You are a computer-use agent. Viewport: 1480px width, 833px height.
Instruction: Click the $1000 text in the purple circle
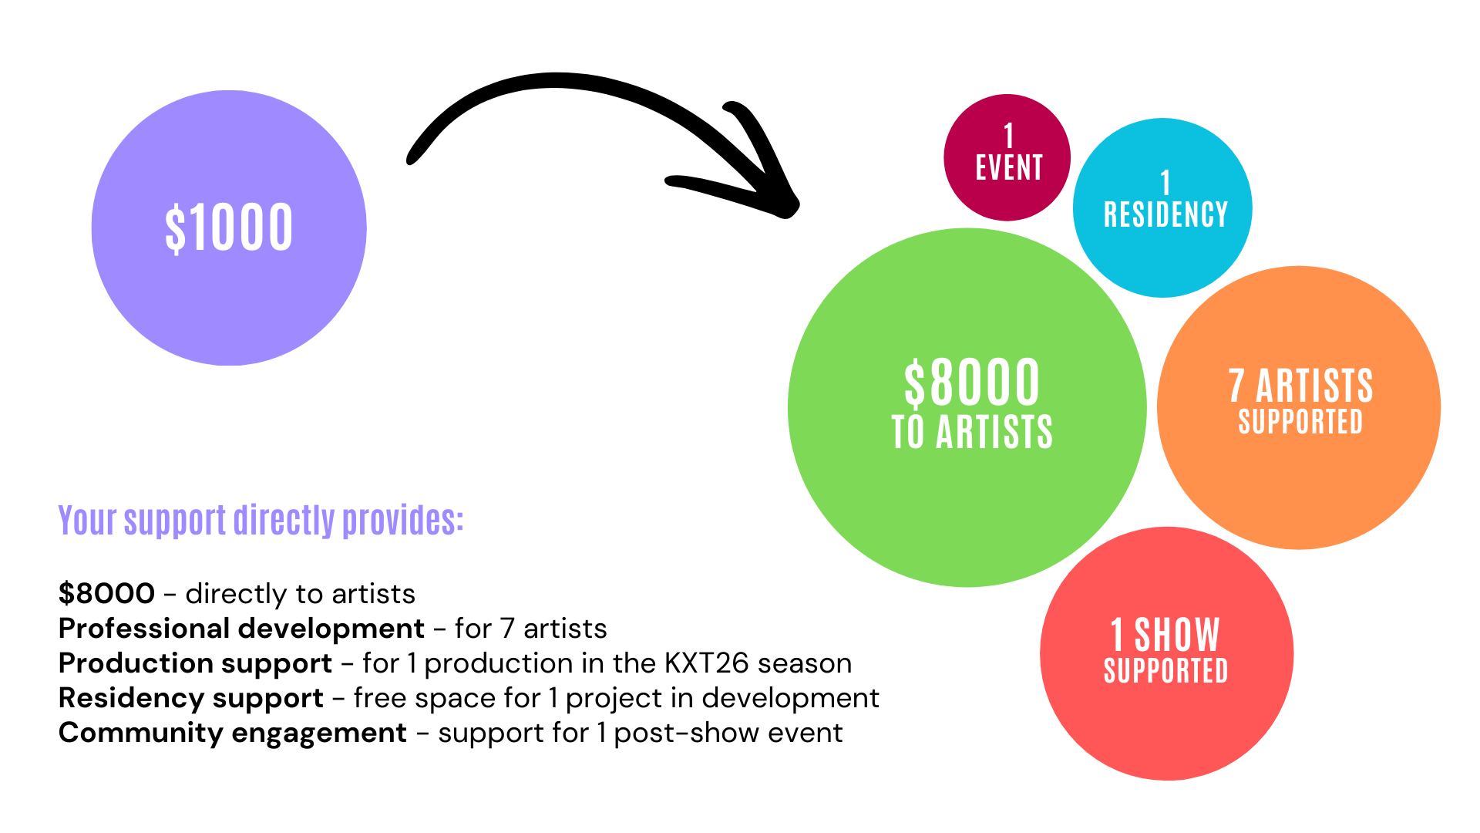(229, 228)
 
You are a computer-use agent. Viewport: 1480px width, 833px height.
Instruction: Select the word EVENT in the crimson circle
(1008, 168)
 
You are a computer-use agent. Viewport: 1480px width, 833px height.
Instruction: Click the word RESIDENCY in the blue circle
(1165, 215)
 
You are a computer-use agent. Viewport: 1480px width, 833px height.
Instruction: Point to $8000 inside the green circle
(971, 383)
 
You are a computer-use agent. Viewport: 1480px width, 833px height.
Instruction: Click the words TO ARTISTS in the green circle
(971, 432)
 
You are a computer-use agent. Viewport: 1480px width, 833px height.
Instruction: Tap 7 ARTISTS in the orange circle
(1300, 386)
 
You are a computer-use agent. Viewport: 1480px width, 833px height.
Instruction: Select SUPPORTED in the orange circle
(1300, 422)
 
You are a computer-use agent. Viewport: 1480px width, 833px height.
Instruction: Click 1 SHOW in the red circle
(1165, 636)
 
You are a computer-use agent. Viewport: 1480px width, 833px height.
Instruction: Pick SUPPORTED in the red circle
(1165, 671)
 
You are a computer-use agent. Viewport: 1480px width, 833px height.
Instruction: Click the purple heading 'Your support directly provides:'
(261, 521)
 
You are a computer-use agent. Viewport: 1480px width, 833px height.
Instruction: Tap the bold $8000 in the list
(106, 594)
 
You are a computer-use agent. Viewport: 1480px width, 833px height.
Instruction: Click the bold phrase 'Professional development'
(241, 629)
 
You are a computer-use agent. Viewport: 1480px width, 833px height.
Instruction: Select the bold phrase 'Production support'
(195, 663)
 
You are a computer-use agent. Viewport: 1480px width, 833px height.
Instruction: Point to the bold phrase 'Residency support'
(190, 698)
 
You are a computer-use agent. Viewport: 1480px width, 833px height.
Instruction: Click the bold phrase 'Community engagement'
(232, 733)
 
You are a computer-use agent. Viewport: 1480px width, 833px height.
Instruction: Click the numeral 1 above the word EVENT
(1008, 137)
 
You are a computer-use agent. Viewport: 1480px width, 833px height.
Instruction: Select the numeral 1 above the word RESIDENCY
(1165, 184)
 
